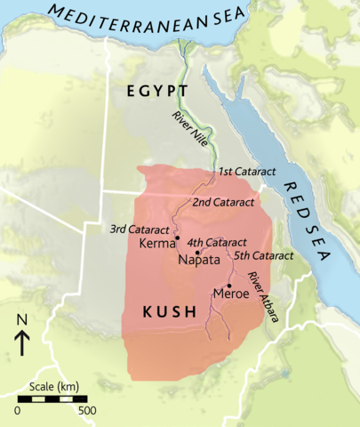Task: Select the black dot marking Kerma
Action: point(178,238)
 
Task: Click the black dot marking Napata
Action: point(196,252)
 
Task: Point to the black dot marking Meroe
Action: point(230,285)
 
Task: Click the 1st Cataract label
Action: point(243,170)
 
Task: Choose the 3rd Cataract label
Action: point(140,229)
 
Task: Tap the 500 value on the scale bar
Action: point(87,411)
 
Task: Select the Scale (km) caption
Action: point(52,387)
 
